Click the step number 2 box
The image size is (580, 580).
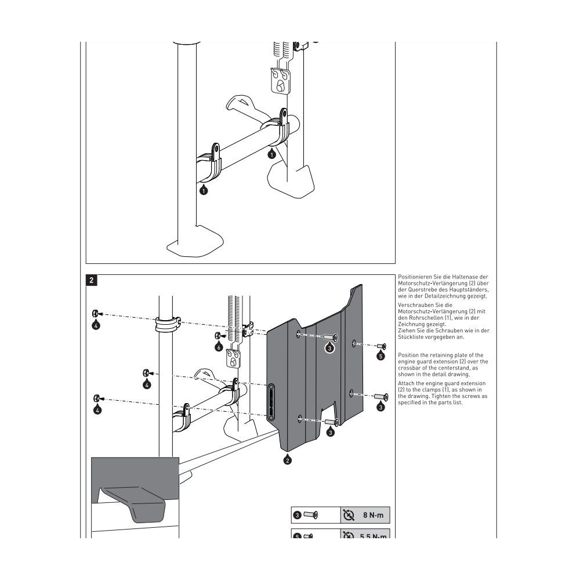92,281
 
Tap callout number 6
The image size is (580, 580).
219,347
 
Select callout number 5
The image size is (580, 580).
380,356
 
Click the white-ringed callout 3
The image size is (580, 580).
329,348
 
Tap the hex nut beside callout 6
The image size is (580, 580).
216,336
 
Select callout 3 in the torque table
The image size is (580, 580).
297,514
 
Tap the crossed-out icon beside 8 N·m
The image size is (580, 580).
349,514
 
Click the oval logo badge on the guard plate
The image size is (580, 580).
270,400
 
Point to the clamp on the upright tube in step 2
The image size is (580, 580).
166,324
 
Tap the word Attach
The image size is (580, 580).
406,384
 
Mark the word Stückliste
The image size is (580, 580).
411,336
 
